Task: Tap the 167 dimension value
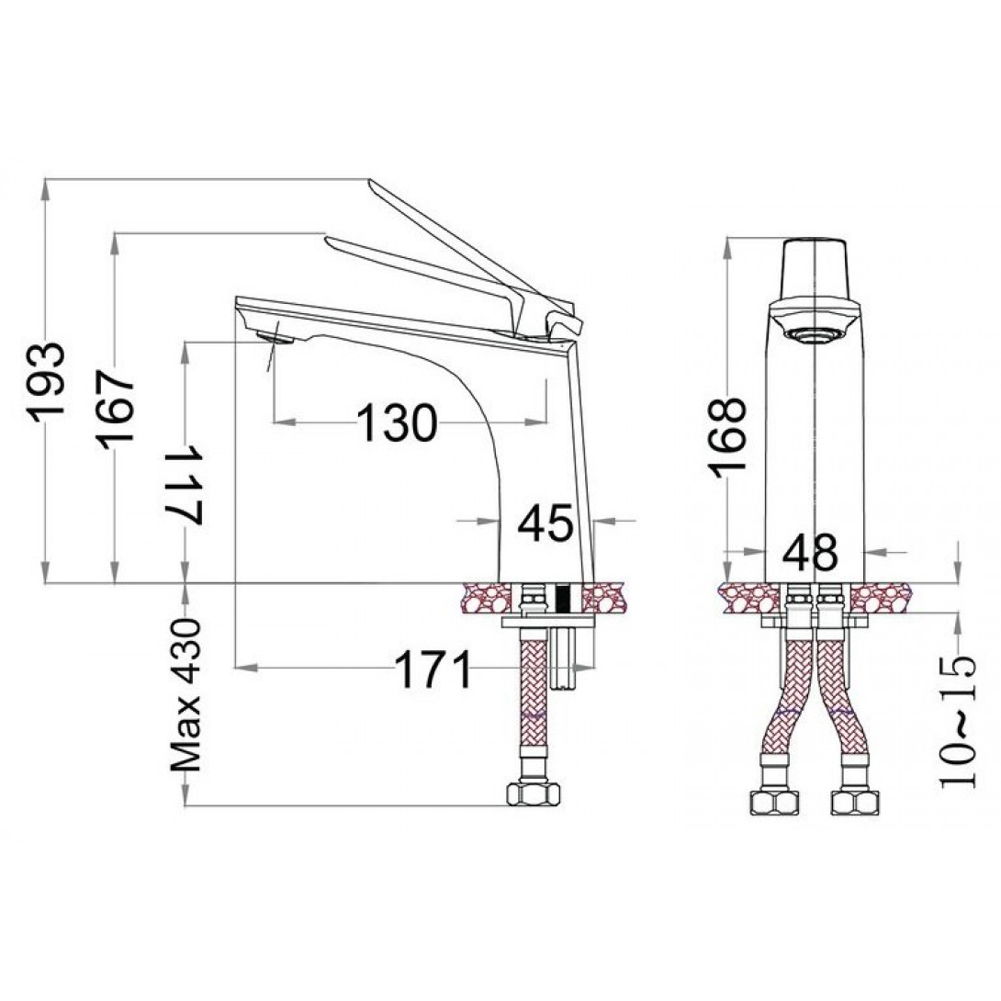click(116, 408)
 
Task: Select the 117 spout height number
click(186, 485)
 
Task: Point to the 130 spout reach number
click(397, 422)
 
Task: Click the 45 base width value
click(545, 523)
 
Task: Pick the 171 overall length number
click(433, 669)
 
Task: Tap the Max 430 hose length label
click(186, 695)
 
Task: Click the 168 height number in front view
click(727, 437)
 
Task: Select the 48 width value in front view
click(810, 552)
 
